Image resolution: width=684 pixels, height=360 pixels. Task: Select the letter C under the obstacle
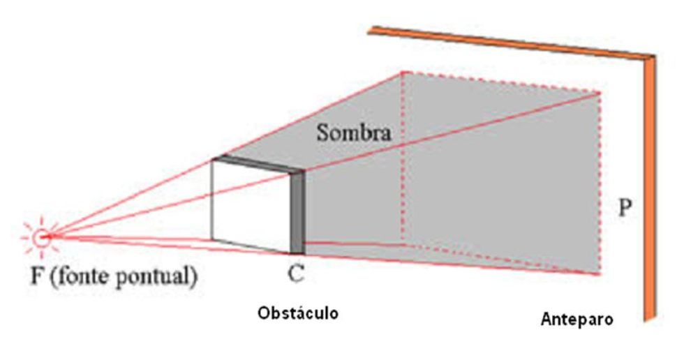tap(295, 274)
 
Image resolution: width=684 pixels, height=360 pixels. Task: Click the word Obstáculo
tap(298, 312)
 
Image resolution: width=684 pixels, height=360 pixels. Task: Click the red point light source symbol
tap(44, 237)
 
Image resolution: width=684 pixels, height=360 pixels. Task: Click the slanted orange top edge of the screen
tap(510, 42)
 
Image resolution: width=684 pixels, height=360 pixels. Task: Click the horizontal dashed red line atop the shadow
tap(499, 82)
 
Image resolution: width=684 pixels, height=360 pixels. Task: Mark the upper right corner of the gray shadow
tap(598, 93)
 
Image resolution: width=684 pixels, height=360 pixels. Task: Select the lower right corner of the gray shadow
tap(598, 274)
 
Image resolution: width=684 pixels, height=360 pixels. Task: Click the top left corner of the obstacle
tap(212, 160)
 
